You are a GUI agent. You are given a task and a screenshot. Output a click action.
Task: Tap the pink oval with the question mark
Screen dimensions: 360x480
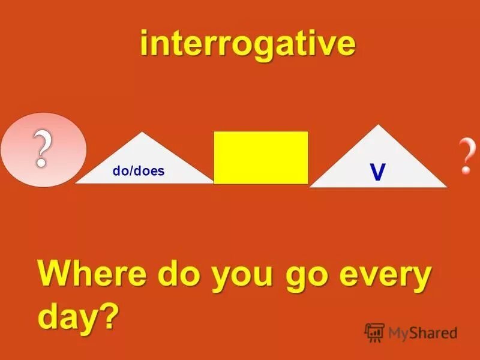coord(43,149)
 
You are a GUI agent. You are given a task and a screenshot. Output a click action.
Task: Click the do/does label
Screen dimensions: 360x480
coord(138,172)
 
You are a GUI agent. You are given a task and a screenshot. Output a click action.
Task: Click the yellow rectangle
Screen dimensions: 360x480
coord(261,157)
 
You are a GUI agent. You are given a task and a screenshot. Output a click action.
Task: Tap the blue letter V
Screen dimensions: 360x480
coord(377,173)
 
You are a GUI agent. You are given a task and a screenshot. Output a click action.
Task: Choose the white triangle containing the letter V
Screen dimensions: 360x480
coord(378,162)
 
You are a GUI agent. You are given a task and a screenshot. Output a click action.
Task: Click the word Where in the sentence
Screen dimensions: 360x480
coord(93,276)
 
